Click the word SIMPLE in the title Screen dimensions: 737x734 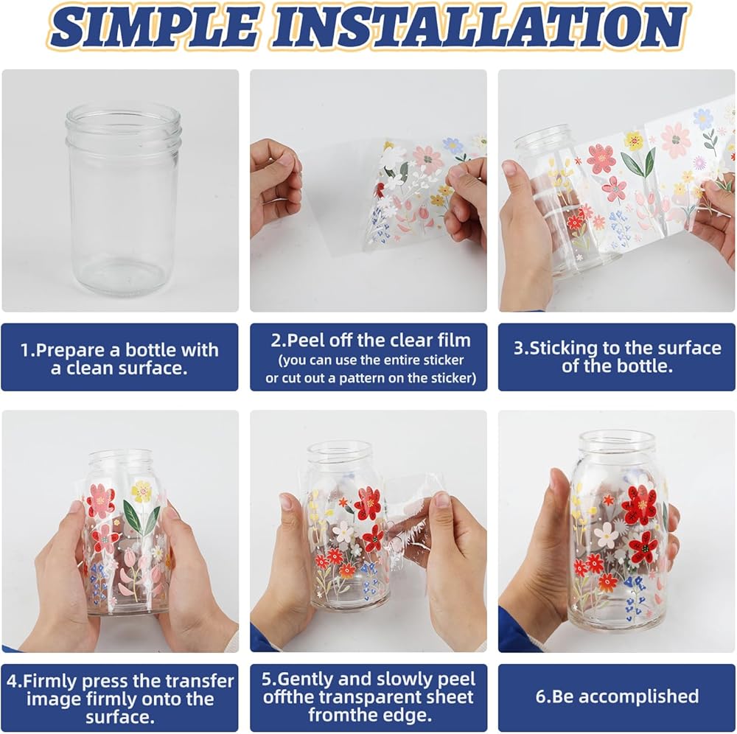[x=154, y=27]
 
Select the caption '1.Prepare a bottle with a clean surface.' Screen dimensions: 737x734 [x=119, y=359]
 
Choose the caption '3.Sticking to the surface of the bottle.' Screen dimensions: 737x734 [x=617, y=357]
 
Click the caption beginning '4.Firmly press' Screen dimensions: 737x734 [x=120, y=699]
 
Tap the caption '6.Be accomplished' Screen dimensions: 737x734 [x=617, y=696]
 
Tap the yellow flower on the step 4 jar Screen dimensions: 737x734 [x=142, y=491]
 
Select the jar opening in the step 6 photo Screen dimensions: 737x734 [x=617, y=439]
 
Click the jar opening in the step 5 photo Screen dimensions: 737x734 [x=339, y=450]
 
